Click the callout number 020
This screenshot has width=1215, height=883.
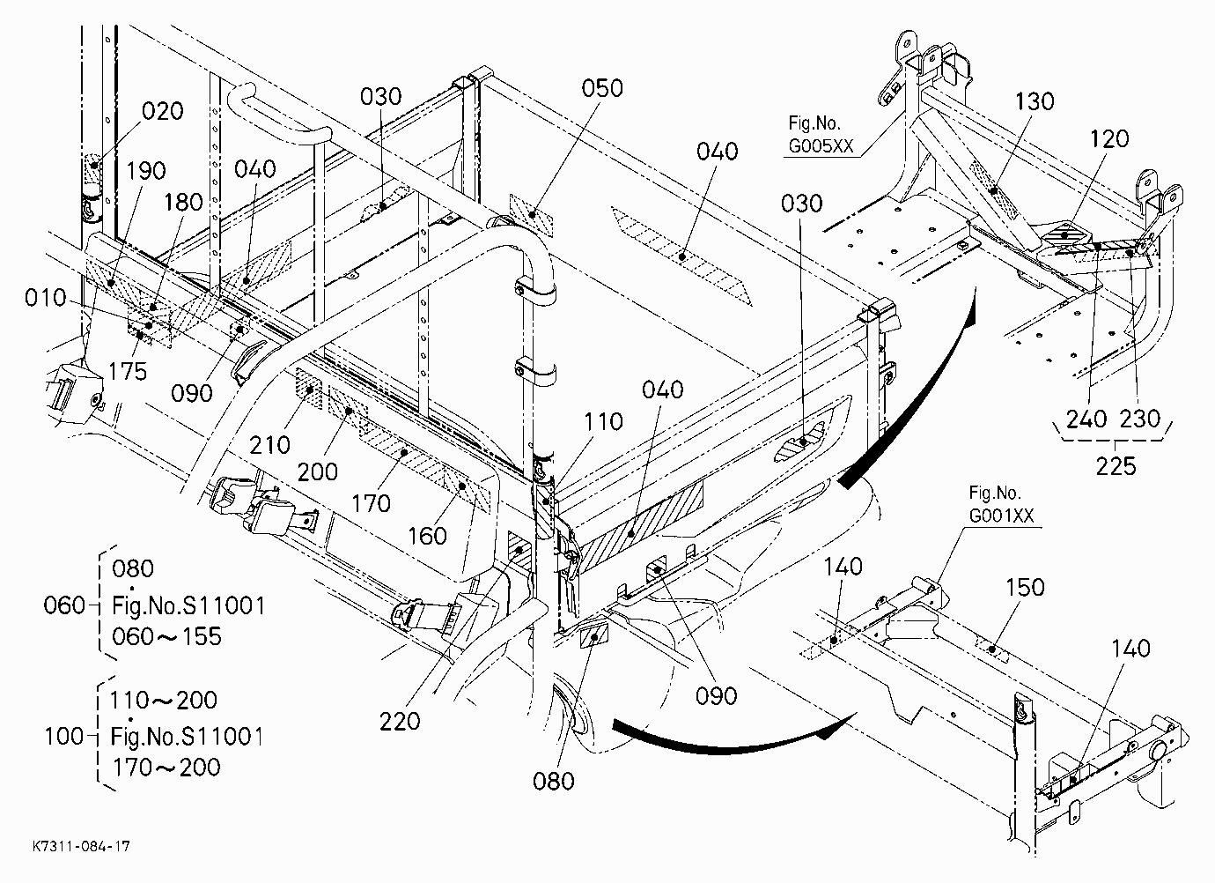pyautogui.click(x=163, y=111)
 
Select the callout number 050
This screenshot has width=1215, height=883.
pyautogui.click(x=602, y=88)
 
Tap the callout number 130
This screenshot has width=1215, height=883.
pyautogui.click(x=1034, y=101)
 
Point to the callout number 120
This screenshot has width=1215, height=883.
pyautogui.click(x=1108, y=139)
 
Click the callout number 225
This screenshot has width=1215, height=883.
pyautogui.click(x=1116, y=466)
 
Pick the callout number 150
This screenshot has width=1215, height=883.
pyautogui.click(x=1025, y=587)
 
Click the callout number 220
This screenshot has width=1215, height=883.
pyautogui.click(x=400, y=721)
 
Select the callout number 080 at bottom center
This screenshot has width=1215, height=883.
pyautogui.click(x=553, y=782)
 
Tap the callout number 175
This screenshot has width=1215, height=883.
pyautogui.click(x=128, y=372)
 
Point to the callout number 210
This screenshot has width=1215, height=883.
pyautogui.click(x=269, y=445)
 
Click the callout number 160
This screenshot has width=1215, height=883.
pyautogui.click(x=427, y=536)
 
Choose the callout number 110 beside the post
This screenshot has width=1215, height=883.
pyautogui.click(x=603, y=421)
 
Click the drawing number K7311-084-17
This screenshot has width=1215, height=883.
pyautogui.click(x=81, y=846)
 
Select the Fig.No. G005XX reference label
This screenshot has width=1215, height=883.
pyautogui.click(x=821, y=135)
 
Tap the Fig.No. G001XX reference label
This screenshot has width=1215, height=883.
pyautogui.click(x=1001, y=504)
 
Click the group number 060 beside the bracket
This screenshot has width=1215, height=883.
pyautogui.click(x=64, y=605)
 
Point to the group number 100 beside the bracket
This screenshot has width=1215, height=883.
pyautogui.click(x=64, y=737)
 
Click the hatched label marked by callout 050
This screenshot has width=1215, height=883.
pyautogui.click(x=531, y=214)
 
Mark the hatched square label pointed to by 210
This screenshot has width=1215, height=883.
pyautogui.click(x=309, y=390)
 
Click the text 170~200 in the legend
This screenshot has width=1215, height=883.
pyautogui.click(x=166, y=768)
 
